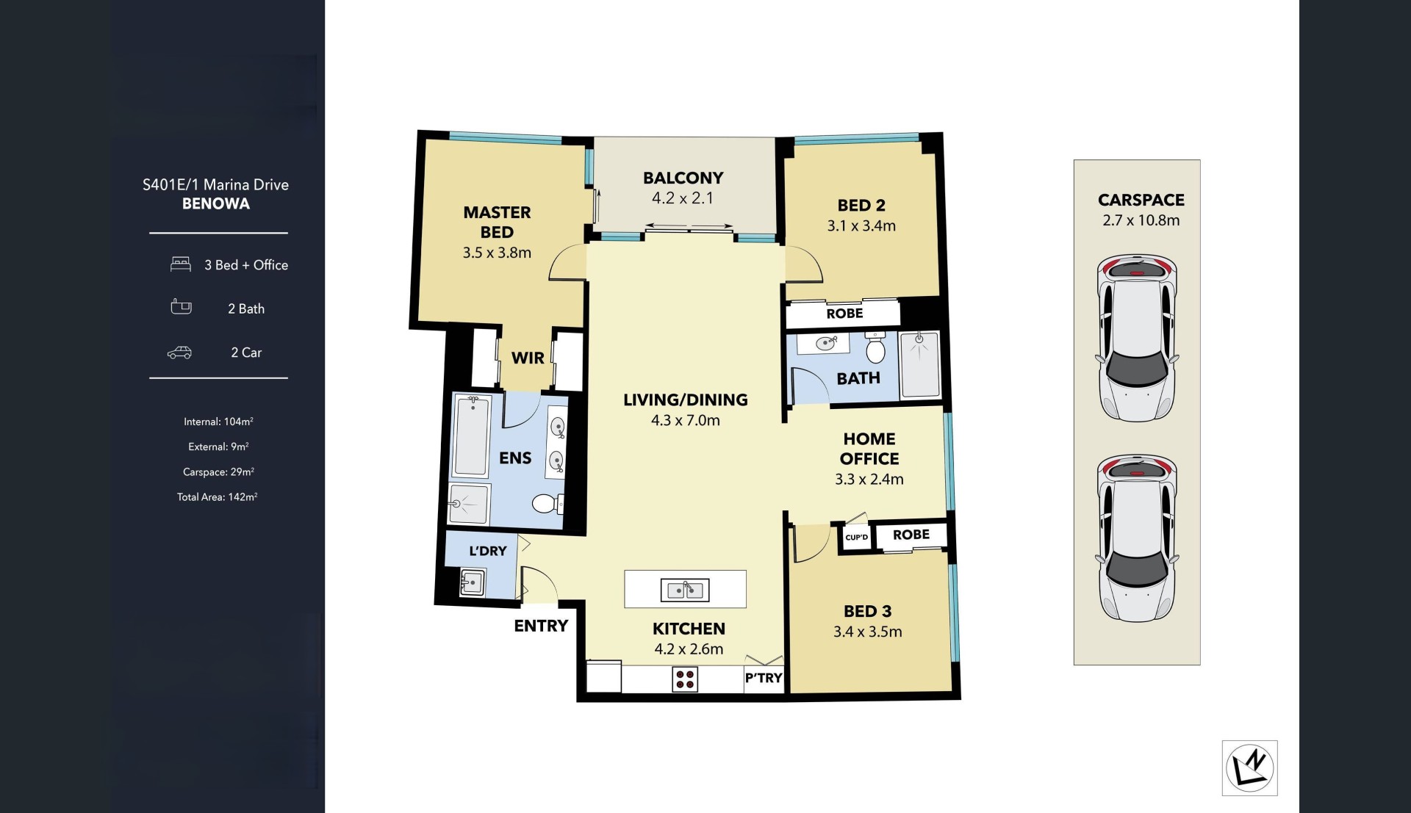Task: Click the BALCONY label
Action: click(x=683, y=178)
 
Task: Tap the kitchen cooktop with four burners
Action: click(x=685, y=679)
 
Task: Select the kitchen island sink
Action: click(x=685, y=589)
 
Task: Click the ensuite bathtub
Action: click(x=471, y=436)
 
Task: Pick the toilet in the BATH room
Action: click(x=875, y=347)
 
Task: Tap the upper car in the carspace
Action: click(x=1137, y=338)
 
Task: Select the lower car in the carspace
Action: click(x=1137, y=538)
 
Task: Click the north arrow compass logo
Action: click(x=1249, y=768)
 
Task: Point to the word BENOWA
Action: click(x=216, y=204)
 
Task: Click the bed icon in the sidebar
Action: click(x=181, y=264)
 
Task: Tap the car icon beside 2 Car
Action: click(x=179, y=353)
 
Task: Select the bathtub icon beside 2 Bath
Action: click(x=181, y=307)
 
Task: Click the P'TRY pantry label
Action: click(x=764, y=678)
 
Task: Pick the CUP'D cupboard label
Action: click(x=856, y=538)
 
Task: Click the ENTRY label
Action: click(x=541, y=626)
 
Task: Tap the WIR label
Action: click(x=528, y=358)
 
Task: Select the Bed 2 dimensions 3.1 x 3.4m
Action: click(x=861, y=226)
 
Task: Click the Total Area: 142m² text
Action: click(x=217, y=497)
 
